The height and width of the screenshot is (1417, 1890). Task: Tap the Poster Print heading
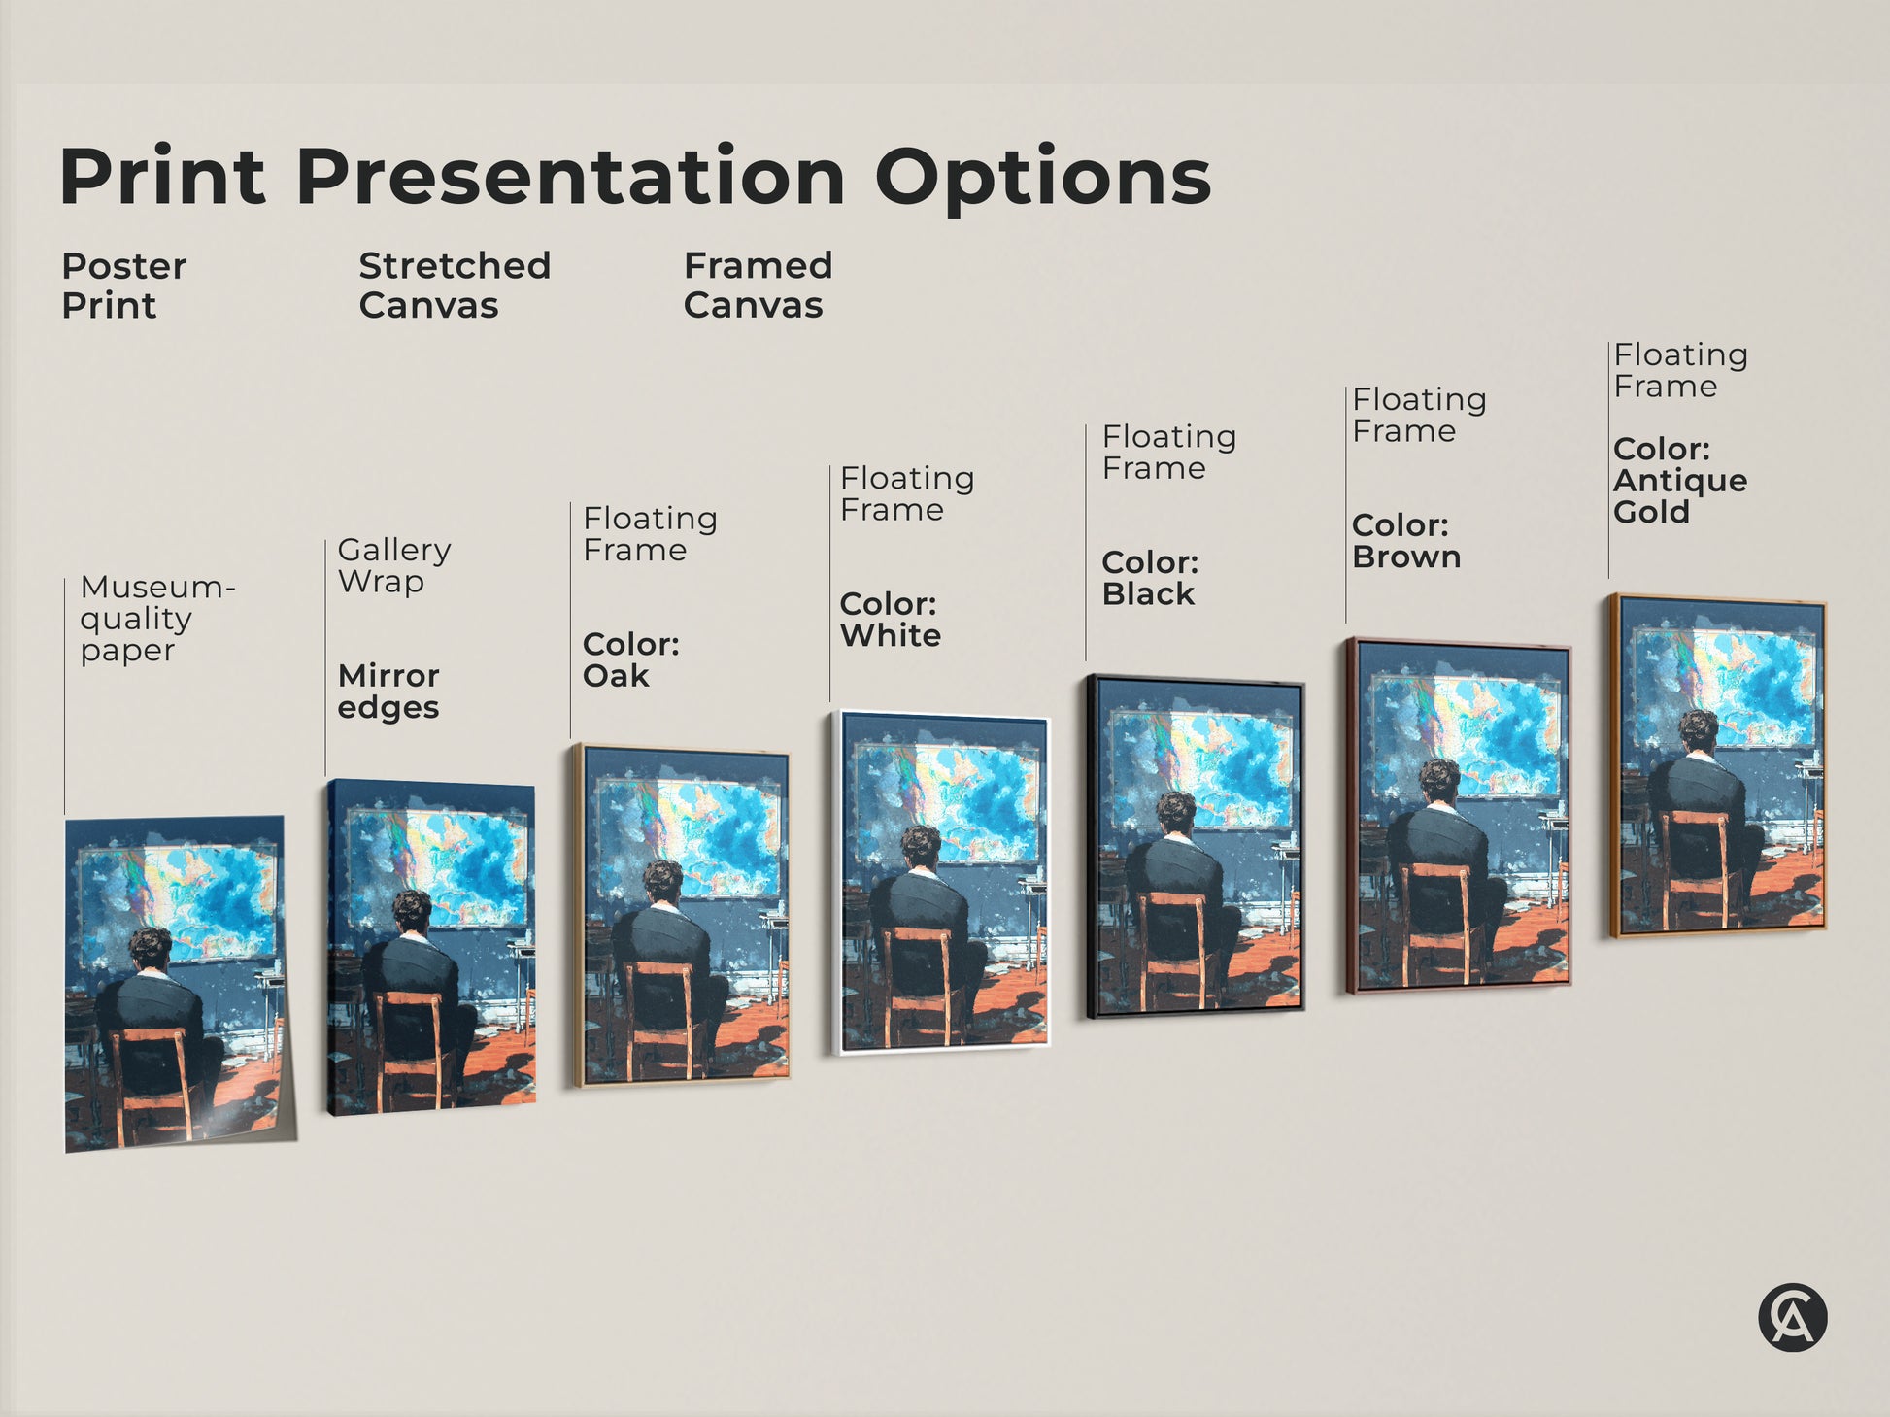point(123,286)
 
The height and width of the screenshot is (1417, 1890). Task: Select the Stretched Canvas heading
point(455,286)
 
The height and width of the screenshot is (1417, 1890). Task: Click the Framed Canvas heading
point(758,286)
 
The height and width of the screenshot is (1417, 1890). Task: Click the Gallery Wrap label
point(393,565)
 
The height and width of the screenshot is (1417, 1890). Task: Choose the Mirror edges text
point(388,691)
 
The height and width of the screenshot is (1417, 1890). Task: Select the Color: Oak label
point(630,659)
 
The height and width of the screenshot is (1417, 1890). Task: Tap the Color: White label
point(890,620)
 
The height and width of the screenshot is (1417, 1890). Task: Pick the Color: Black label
point(1150,578)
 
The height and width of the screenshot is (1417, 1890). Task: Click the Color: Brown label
point(1405,541)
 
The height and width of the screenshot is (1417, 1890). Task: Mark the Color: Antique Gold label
point(1679,481)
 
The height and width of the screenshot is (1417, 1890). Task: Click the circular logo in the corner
point(1792,1317)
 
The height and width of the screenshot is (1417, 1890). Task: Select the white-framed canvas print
point(943,883)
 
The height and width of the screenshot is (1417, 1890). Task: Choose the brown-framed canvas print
point(1458,816)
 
